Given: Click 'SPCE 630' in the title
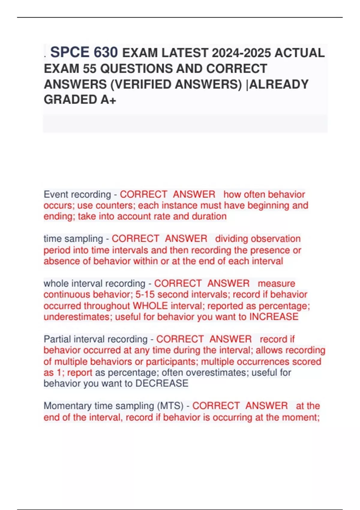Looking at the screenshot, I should [84, 52].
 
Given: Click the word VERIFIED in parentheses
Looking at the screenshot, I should [142, 85].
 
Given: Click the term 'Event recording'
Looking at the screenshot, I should [77, 194].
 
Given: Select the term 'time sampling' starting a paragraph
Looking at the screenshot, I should [73, 239].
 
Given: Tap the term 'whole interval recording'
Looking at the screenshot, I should [94, 283].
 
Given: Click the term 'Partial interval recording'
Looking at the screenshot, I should [95, 339].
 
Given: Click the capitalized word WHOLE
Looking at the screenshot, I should [150, 306].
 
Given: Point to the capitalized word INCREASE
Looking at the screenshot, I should [274, 317].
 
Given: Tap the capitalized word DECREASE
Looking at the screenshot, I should [162, 383].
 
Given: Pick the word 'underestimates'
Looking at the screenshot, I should [77, 317].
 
